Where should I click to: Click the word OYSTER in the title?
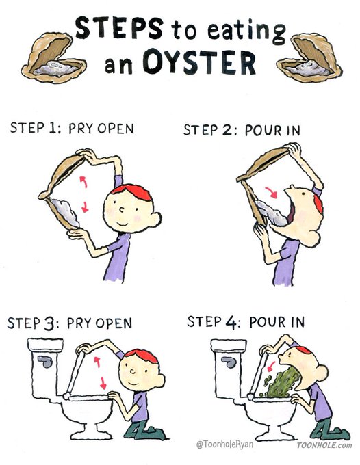199,62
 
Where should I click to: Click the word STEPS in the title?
119,27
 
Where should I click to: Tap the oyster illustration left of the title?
53,58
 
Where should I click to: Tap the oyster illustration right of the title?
309,58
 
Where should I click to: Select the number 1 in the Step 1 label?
51,128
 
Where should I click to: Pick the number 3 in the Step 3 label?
49,324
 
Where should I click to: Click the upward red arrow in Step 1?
83,182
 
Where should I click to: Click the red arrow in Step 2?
271,192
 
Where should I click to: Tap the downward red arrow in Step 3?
103,383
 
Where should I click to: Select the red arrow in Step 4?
271,367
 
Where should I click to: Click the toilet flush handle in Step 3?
45,362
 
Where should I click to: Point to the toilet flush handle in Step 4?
229,362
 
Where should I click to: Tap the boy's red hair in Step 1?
132,191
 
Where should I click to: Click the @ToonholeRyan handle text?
225,444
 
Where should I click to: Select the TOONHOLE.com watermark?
324,445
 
